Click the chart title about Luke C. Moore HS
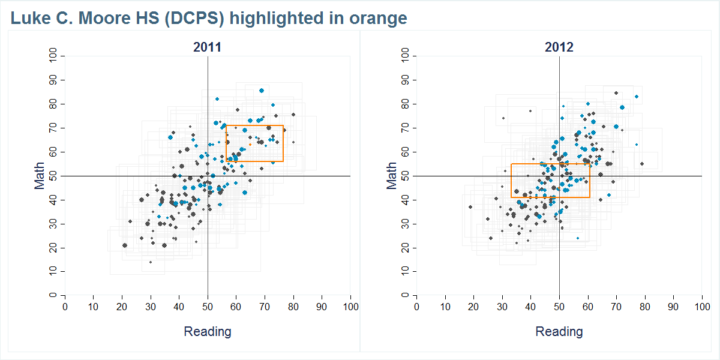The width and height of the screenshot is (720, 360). (x=209, y=19)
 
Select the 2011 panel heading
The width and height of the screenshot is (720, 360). (x=207, y=47)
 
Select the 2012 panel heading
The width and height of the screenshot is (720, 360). (x=559, y=47)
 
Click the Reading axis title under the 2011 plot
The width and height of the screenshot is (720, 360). (x=207, y=331)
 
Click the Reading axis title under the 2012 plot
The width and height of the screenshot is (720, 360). (x=559, y=331)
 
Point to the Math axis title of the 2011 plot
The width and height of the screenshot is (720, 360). (x=40, y=175)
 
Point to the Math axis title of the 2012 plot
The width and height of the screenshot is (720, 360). (x=392, y=175)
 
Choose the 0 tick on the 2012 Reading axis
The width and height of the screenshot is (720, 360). (x=416, y=307)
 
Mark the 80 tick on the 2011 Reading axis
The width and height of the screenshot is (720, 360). (x=293, y=307)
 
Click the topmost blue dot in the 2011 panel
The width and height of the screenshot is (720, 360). (x=262, y=91)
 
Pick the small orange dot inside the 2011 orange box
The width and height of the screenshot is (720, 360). (x=250, y=145)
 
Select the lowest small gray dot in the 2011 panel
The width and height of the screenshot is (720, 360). (x=151, y=262)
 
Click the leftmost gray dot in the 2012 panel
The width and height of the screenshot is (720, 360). (x=470, y=207)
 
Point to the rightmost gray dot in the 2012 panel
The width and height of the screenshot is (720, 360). (x=642, y=164)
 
